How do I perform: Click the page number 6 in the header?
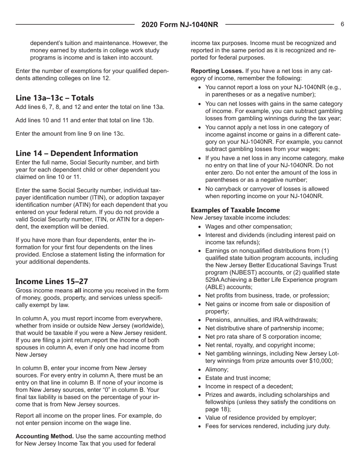coord(342,25)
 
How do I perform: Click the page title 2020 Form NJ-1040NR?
coord(180,25)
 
